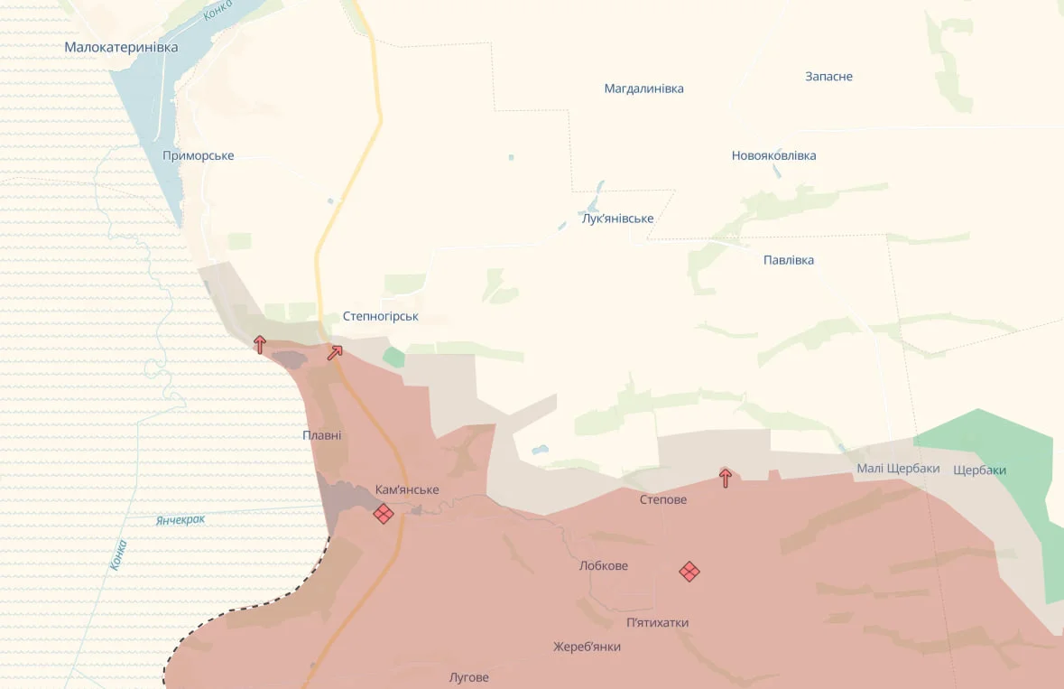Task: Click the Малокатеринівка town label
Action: (x=121, y=47)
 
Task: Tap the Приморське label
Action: (x=198, y=155)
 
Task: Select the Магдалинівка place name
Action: (x=643, y=88)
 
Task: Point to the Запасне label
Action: (x=828, y=77)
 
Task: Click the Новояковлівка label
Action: (x=773, y=155)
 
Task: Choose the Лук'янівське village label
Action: (x=617, y=219)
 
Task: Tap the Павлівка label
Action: (x=788, y=260)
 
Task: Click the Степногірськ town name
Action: (x=380, y=317)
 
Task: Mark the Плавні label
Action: (x=322, y=435)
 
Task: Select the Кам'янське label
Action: (x=407, y=489)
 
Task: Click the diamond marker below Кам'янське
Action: (x=384, y=514)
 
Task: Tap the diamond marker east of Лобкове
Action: (x=689, y=571)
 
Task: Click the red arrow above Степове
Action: (x=726, y=478)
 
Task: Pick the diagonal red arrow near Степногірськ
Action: (x=335, y=352)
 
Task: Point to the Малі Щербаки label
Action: (x=898, y=468)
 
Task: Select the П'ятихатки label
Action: (x=657, y=622)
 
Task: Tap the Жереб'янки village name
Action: (x=587, y=647)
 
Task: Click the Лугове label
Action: (x=468, y=677)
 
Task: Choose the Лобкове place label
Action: (x=603, y=565)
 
